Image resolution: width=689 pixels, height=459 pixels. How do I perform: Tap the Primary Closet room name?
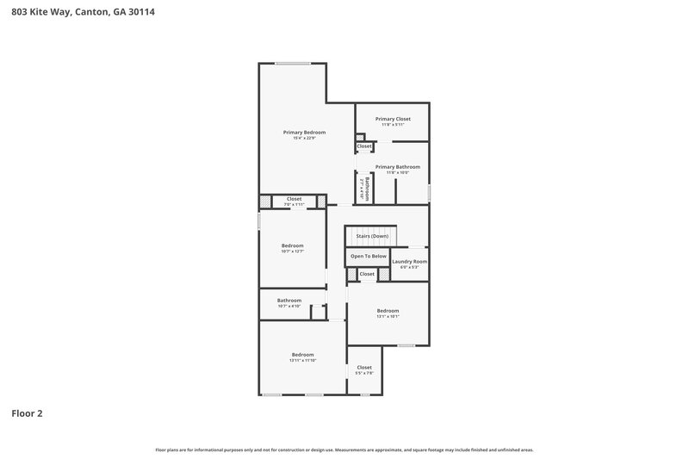(393, 118)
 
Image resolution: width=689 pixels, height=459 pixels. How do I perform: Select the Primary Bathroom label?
(397, 166)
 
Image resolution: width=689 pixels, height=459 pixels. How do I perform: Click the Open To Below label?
(368, 256)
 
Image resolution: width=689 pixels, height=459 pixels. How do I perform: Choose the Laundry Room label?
(409, 261)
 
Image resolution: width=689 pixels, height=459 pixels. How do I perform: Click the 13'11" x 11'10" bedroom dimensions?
(302, 361)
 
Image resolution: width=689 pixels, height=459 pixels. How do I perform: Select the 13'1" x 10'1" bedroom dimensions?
(388, 316)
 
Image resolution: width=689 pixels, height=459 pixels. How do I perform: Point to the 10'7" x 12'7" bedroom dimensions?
(292, 251)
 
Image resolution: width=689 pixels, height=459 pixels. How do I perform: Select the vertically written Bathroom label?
(366, 189)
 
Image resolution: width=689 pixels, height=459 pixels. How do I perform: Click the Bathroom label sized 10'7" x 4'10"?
(289, 303)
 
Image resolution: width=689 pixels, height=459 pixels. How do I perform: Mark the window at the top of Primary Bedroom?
(293, 63)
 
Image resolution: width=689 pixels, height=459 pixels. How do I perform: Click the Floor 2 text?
(27, 413)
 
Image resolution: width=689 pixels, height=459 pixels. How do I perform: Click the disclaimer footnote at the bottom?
(344, 450)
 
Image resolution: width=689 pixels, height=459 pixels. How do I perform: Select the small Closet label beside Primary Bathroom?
(364, 146)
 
